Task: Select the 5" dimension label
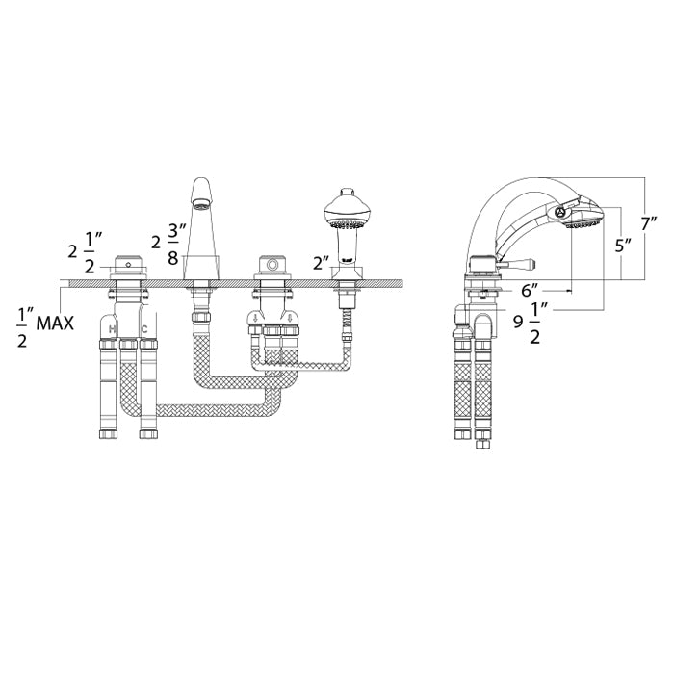point(623,245)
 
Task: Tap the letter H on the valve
point(114,329)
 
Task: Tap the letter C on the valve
point(144,329)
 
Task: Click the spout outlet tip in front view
point(201,204)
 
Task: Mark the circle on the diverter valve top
point(271,264)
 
